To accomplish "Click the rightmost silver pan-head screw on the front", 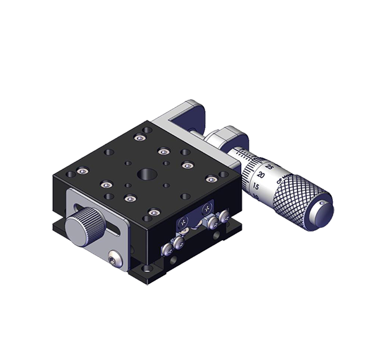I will coord(220,218).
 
